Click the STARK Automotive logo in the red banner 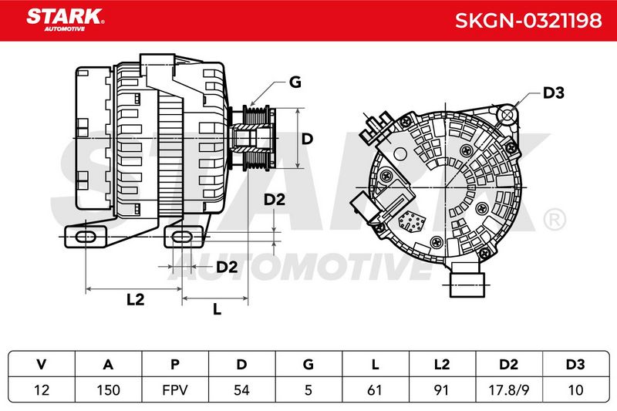pos(65,19)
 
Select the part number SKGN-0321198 pos(528,20)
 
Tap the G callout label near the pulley pos(295,82)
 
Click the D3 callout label pos(553,93)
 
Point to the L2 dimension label pos(136,300)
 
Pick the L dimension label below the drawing pos(217,308)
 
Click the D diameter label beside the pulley pos(307,139)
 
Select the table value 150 pos(108,389)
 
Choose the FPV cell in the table pos(175,389)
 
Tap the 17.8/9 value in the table pos(508,389)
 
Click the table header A pos(108,365)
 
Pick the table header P pos(175,365)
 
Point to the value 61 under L pos(375,389)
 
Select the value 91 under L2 pos(441,389)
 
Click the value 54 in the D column pos(241,389)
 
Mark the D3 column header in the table pos(575,365)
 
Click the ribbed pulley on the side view pos(257,138)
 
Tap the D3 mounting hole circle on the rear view pos(508,115)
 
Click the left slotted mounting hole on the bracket pos(86,237)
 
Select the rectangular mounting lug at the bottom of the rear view pos(467,280)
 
